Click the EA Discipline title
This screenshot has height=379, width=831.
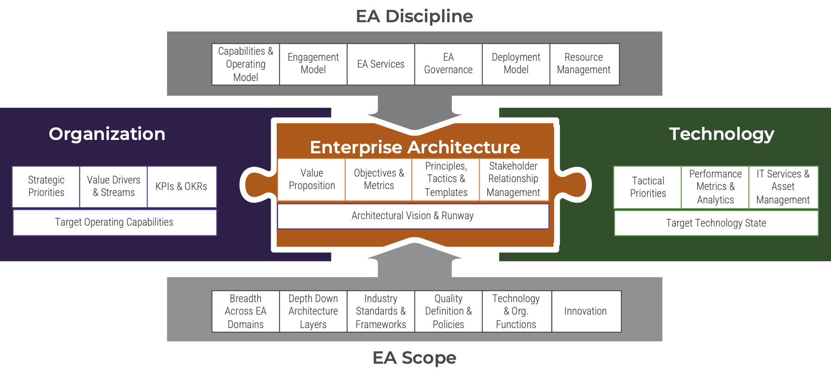coord(414,16)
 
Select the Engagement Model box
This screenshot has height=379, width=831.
coord(313,64)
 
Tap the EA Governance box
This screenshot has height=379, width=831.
coord(448,64)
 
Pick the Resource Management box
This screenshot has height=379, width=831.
coord(584,64)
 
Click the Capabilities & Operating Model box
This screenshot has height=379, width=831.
coord(246,64)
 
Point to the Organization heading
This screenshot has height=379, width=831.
coord(107,134)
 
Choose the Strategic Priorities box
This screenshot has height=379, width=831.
coord(46,186)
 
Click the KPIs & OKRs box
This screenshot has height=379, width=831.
coord(181,186)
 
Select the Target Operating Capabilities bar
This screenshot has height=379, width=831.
coord(114,222)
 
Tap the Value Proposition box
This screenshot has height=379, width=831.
coord(311,179)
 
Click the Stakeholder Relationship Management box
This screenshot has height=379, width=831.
coord(514,179)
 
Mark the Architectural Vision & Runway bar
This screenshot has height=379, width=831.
coord(412,216)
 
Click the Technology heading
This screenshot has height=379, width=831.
coord(721,134)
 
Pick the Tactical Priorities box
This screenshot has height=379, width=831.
coord(647,187)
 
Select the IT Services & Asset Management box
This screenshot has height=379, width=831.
coord(783,187)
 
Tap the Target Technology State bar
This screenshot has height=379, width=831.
coord(716,223)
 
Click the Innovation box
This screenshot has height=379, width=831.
coord(586,311)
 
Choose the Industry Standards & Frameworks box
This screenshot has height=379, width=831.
coord(381,311)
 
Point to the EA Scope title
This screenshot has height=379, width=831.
coord(414,358)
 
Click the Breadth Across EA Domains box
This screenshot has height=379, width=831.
coord(246,311)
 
